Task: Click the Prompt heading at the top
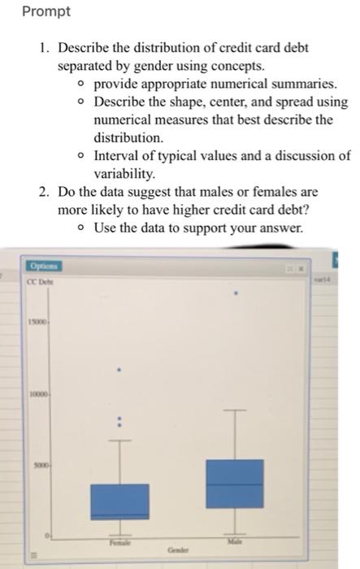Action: pyautogui.click(x=46, y=12)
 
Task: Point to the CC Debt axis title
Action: pyautogui.click(x=40, y=282)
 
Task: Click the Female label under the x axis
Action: pyautogui.click(x=119, y=541)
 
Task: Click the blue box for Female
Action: pyautogui.click(x=119, y=501)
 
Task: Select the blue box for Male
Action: pyautogui.click(x=236, y=484)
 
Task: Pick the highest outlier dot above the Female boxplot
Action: pyautogui.click(x=119, y=370)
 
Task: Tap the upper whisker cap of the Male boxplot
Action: pyautogui.click(x=236, y=410)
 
